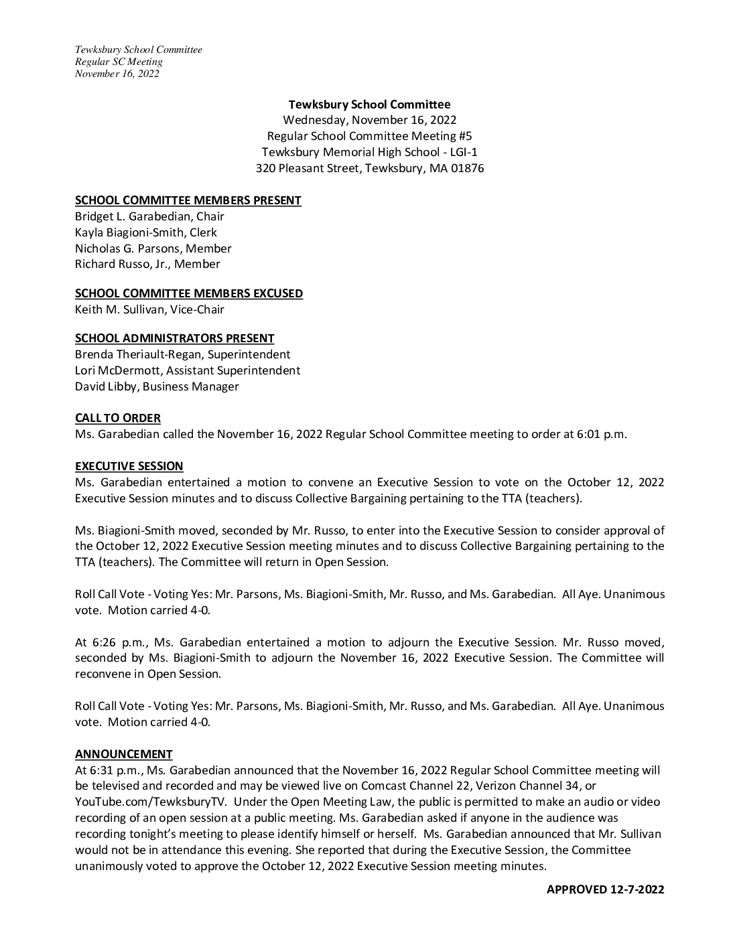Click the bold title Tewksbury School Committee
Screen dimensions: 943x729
369,104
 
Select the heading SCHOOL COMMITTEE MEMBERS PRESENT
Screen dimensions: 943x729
188,200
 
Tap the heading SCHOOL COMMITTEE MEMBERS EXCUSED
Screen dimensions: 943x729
188,293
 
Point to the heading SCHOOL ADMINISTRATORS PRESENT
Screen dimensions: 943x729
174,338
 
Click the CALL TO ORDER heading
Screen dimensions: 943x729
117,418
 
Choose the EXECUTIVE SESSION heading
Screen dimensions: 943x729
129,466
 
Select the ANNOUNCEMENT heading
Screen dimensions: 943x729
123,754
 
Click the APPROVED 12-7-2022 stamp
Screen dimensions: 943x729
605,889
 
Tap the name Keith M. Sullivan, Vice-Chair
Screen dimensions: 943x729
149,309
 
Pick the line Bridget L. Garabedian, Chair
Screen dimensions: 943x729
149,216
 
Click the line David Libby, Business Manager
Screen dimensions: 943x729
157,386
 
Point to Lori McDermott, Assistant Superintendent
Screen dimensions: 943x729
188,370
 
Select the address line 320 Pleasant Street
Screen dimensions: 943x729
369,168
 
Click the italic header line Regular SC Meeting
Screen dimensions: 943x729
119,62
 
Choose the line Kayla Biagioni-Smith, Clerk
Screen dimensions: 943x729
145,232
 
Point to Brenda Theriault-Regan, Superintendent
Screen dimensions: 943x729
182,354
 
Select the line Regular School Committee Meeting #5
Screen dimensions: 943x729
369,136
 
